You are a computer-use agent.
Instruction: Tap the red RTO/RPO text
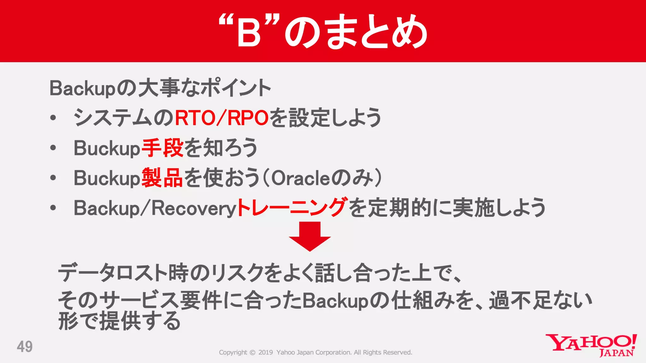[221, 118]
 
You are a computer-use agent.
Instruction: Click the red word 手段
[162, 148]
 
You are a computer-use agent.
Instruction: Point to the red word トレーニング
[292, 208]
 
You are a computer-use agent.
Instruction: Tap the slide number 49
[25, 347]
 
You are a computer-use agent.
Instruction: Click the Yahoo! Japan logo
[591, 345]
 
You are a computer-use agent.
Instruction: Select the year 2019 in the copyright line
[266, 353]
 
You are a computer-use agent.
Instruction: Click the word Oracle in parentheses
[300, 178]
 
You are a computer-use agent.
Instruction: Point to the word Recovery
[194, 208]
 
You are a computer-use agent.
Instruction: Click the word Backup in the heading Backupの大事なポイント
[83, 89]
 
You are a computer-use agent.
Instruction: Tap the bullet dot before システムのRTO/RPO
[53, 118]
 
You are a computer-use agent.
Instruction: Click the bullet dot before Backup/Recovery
[53, 208]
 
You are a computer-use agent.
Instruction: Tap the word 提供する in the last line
[140, 321]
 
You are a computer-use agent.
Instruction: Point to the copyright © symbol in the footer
[252, 353]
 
